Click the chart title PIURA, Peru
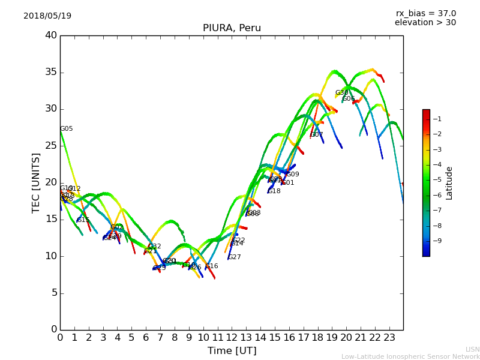232,28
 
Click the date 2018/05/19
47,16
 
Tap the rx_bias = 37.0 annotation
425,14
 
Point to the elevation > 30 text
425,23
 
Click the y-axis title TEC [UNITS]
37,182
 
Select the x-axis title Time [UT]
232,350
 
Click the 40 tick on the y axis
51,35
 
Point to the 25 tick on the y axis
51,146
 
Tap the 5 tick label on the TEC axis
53,293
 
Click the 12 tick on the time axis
232,337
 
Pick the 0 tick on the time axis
60,337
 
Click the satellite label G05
67,129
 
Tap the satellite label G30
341,93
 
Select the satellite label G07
317,135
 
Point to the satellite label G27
235,257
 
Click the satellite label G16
212,266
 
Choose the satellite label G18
274,191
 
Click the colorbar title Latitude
449,183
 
